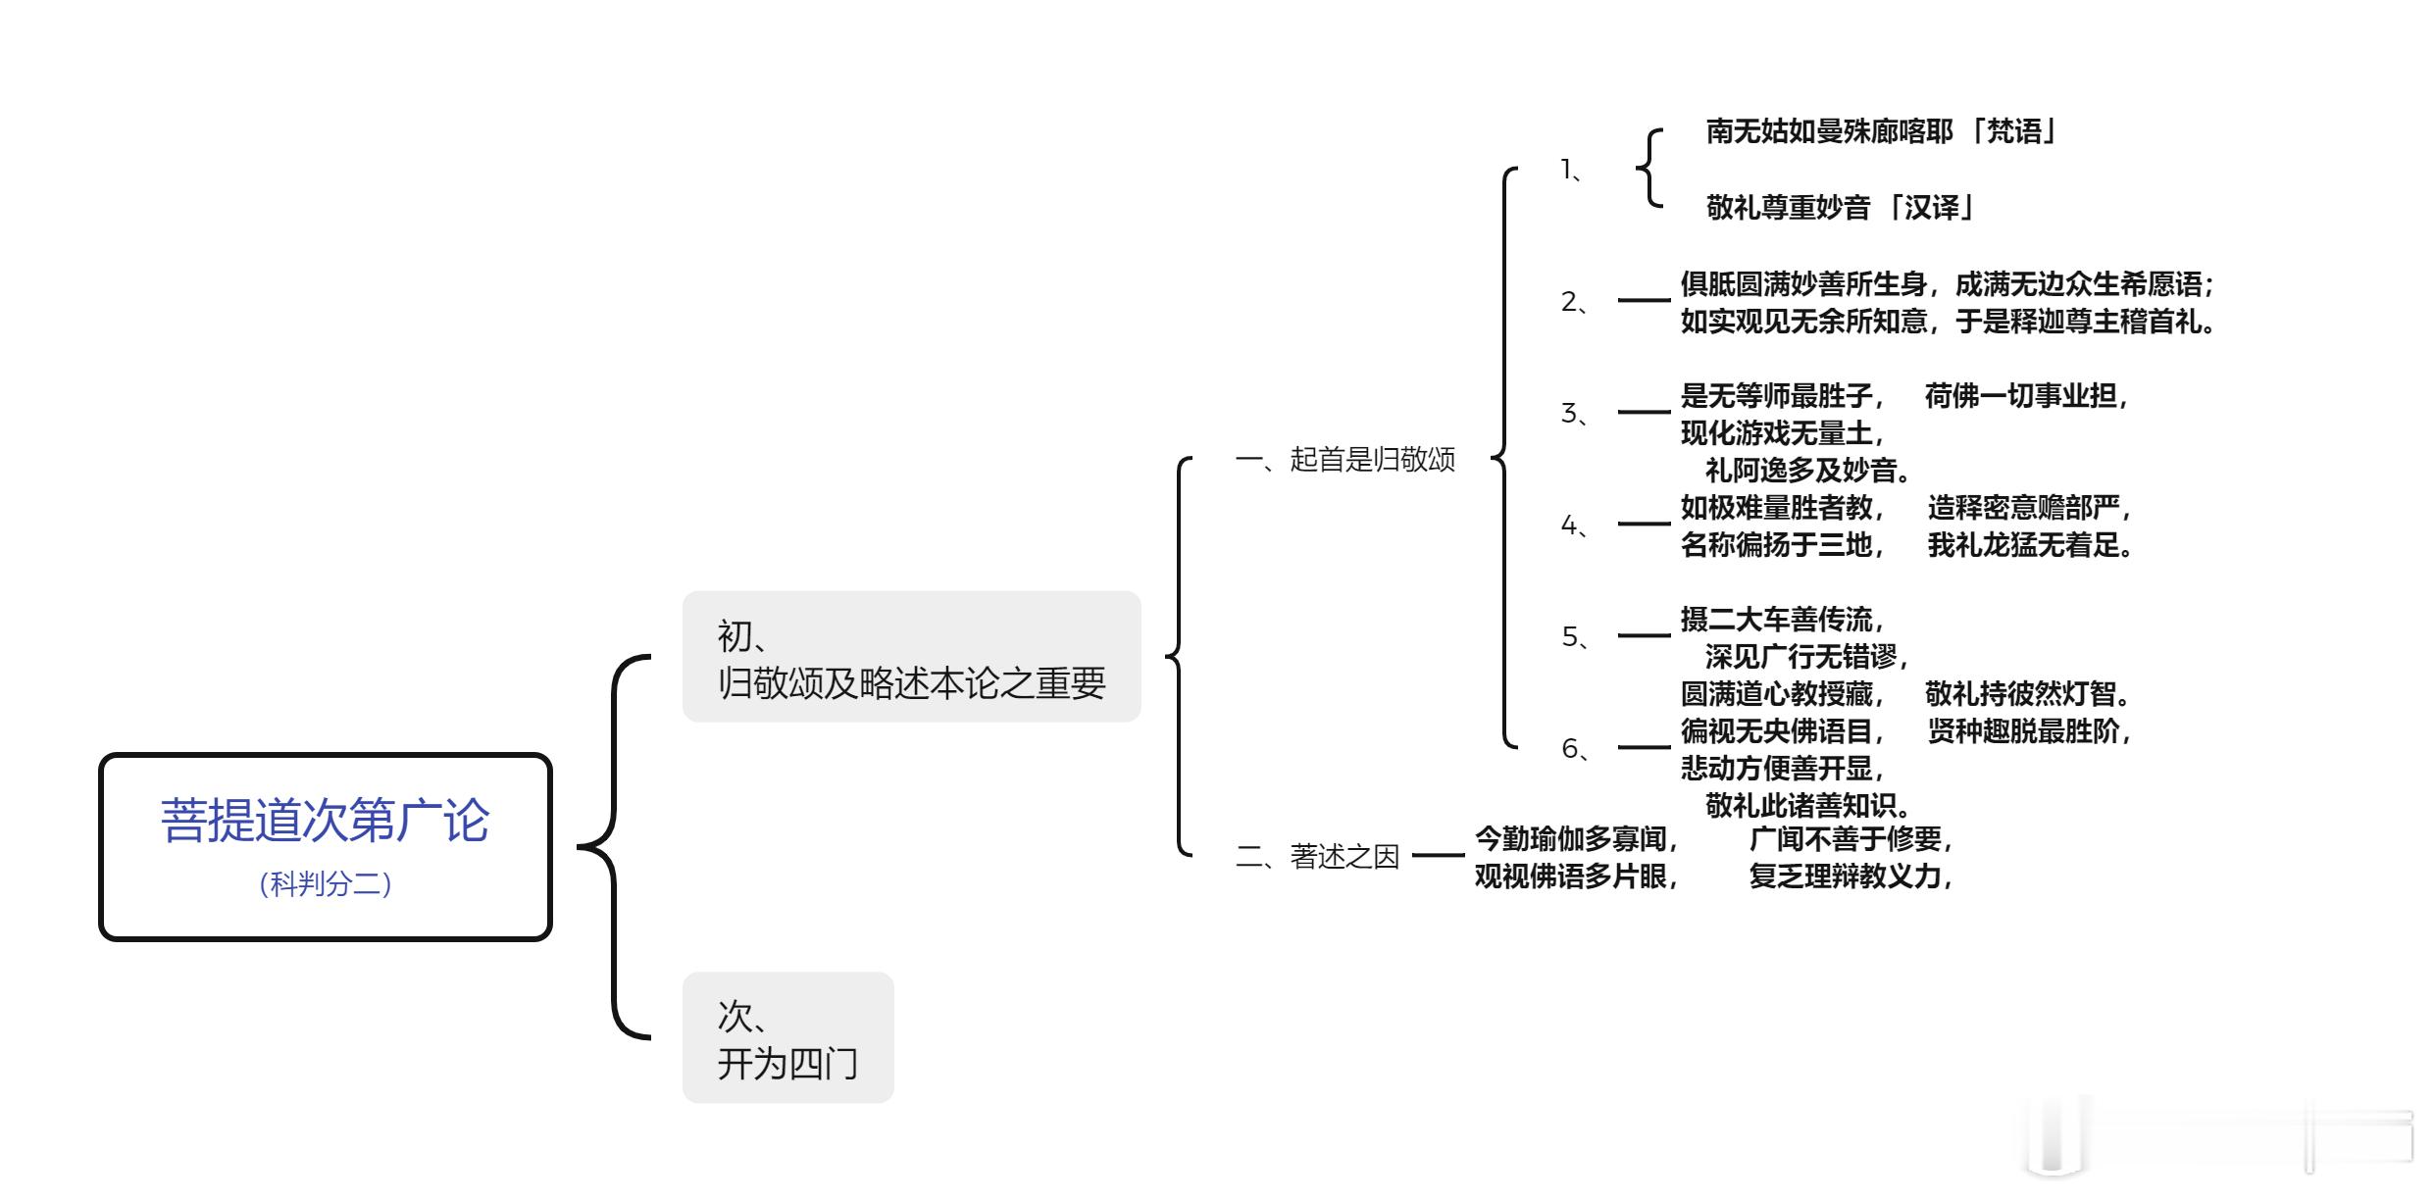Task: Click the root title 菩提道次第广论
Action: [x=325, y=820]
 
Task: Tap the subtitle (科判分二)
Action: [x=325, y=883]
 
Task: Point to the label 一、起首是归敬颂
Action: [x=1344, y=459]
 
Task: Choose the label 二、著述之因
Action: [x=1316, y=856]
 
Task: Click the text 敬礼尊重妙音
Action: [x=1788, y=208]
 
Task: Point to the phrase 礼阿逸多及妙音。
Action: [x=1809, y=471]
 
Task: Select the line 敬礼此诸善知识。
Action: [x=1809, y=806]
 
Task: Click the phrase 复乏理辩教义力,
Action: [x=1851, y=876]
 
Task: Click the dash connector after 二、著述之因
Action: [x=1437, y=856]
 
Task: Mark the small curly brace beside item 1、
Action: [x=1649, y=169]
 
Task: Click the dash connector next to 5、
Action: [x=1644, y=636]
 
